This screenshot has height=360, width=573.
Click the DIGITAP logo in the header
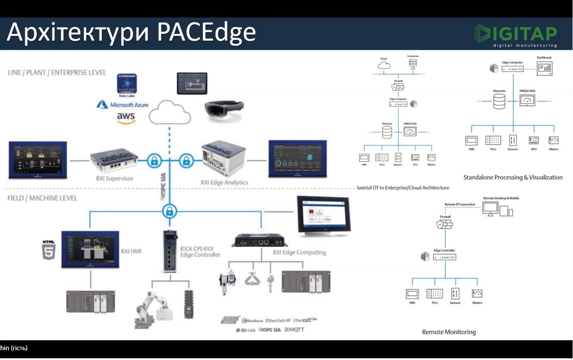[x=515, y=36]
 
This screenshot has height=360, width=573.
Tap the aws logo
[x=125, y=118]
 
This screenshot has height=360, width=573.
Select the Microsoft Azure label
[x=123, y=104]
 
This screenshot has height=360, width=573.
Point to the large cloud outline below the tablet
[x=169, y=112]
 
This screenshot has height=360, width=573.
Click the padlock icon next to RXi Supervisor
[x=154, y=161]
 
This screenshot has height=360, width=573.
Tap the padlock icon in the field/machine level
[x=170, y=211]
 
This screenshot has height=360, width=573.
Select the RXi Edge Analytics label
[x=224, y=182]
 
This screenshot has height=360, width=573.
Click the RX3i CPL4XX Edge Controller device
[x=170, y=251]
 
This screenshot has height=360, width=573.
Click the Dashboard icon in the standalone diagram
[x=544, y=68]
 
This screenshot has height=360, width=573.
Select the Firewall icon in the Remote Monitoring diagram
[x=445, y=224]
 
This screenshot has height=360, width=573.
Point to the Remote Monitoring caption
[x=448, y=332]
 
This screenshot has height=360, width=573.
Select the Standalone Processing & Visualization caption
[x=513, y=177]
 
